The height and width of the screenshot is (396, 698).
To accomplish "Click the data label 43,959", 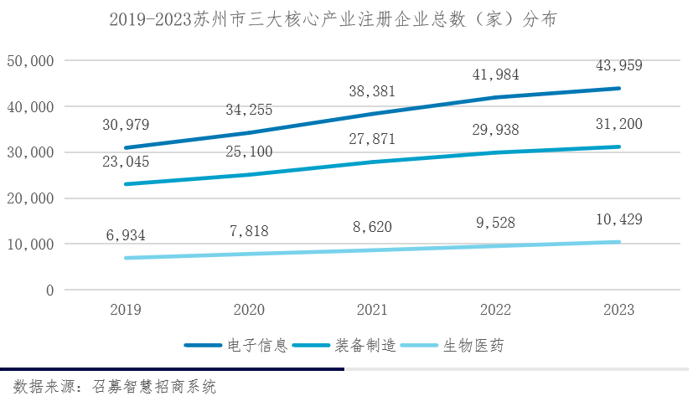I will pos(619,65).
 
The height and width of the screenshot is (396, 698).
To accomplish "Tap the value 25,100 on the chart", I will pos(249,152).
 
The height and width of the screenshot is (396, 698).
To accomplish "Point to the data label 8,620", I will pos(372,227).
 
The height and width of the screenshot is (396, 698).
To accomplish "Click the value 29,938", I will pos(495,129).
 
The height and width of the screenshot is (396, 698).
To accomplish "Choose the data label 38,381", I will pos(372,91).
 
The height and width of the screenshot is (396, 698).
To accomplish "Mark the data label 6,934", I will pos(126,235).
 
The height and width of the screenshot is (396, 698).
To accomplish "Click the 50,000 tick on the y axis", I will pos(30,61).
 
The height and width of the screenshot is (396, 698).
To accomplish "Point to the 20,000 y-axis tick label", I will pos(30,198).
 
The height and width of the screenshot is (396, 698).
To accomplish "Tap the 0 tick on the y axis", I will pos(49,291).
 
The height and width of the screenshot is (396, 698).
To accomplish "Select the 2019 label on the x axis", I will pos(126,310).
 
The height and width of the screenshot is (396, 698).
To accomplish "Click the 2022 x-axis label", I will pos(495,310).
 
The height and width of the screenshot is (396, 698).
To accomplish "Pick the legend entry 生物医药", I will pos(474,345).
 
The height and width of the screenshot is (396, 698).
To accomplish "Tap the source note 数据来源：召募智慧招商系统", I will pos(115,386).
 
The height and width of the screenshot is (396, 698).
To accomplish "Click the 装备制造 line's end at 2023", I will pos(619,147).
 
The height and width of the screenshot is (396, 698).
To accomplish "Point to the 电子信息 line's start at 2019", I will pos(126,147).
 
